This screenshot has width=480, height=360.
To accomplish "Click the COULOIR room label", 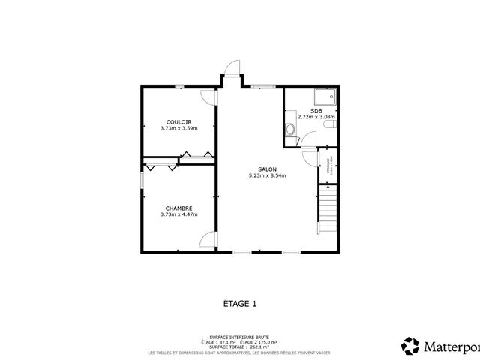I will tap(178, 121).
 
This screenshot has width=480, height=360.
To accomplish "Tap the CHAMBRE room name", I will tap(178, 208).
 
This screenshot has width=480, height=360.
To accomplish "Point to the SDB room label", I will tap(316, 110).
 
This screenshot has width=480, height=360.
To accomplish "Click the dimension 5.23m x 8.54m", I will tap(267, 176).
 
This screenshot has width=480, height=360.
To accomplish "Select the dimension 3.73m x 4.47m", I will tap(178, 215).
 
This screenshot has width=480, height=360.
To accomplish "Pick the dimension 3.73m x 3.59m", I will tap(178, 128).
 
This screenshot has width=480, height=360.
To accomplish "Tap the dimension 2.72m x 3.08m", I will tap(316, 117).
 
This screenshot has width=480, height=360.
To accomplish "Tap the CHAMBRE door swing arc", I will tap(208, 240).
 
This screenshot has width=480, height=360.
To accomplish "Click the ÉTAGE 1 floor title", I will tap(240, 304).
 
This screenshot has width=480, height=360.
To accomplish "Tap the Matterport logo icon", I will tap(410, 346).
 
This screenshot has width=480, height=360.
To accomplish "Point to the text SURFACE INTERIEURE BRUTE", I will tap(240, 337).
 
